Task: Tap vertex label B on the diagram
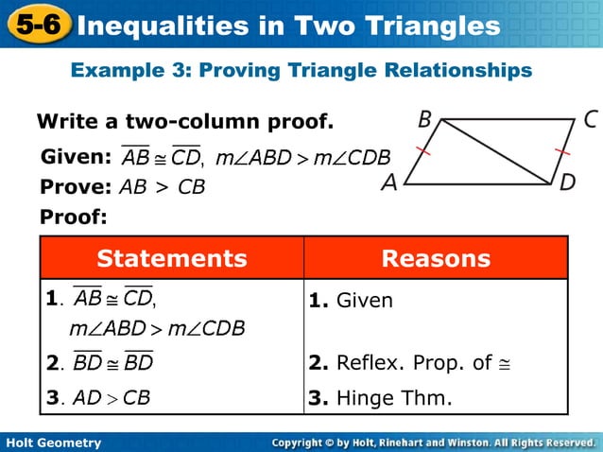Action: (424, 120)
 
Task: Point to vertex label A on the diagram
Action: (389, 183)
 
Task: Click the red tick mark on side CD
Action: (564, 151)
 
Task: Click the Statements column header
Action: (172, 259)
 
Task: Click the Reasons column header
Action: (436, 259)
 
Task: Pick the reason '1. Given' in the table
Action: (351, 302)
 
